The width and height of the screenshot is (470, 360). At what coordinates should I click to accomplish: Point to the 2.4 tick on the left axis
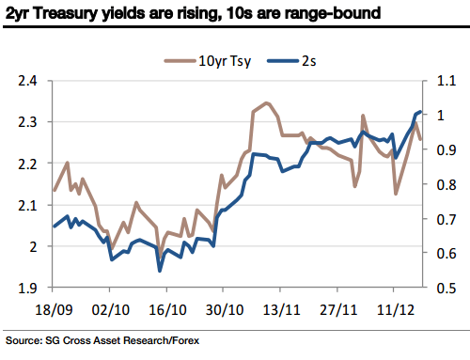pos(31,81)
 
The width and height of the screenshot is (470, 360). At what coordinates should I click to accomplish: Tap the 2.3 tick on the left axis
pos(31,122)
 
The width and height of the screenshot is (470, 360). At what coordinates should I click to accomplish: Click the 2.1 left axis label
pos(31,205)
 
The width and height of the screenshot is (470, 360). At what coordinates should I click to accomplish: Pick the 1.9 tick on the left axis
pos(31,288)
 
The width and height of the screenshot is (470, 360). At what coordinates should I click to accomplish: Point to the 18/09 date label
pos(55,306)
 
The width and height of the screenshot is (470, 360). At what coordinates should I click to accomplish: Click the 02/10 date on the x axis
pos(110,306)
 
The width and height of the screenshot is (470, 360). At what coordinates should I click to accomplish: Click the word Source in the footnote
pos(24,339)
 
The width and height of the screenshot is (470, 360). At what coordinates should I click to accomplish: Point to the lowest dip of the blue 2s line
pos(160,271)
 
